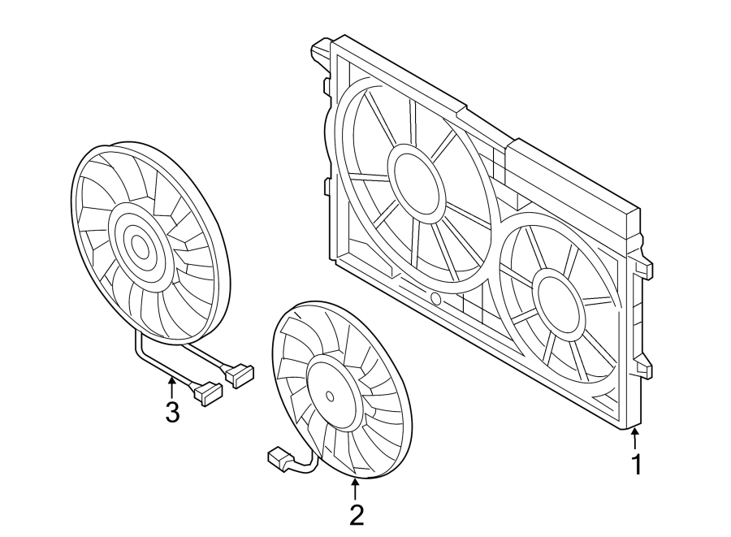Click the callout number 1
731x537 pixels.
pyautogui.click(x=637, y=465)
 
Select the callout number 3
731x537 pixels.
pyautogui.click(x=171, y=412)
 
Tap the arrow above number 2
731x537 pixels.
pyautogui.click(x=355, y=488)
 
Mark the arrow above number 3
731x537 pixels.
pyautogui.click(x=171, y=387)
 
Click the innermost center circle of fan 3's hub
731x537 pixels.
pyautogui.click(x=141, y=247)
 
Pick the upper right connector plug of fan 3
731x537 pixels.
pyautogui.click(x=241, y=374)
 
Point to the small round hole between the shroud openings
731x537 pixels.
pyautogui.click(x=435, y=299)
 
